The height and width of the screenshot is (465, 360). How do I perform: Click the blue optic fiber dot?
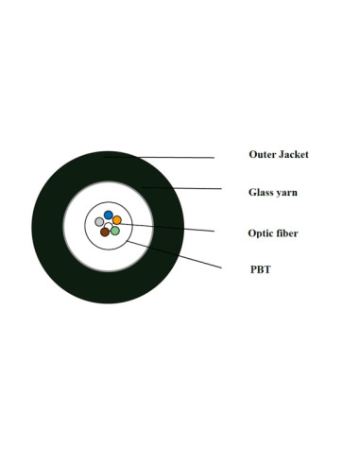click(109, 215)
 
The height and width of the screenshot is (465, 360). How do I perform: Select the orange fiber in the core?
click(117, 221)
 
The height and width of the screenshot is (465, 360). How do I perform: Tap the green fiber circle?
click(115, 231)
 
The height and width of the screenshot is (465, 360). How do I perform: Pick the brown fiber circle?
click(105, 232)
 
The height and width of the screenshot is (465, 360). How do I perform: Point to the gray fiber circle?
click(99, 222)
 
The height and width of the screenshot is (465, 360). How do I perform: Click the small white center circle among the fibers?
click(109, 225)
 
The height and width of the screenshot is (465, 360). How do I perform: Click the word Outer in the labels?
click(263, 154)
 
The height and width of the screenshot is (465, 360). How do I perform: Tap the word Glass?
click(263, 192)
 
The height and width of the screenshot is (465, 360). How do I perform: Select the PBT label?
click(260, 269)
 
